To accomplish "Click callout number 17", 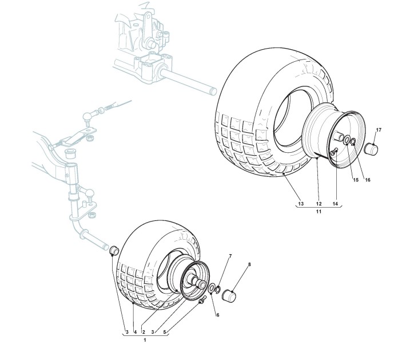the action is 378,129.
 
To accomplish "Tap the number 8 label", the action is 249,265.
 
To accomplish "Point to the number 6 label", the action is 217,314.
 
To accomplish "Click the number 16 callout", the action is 368,180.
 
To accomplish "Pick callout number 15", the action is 355,180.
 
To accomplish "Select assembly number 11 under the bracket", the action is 319,212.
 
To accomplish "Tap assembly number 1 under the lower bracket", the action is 145,341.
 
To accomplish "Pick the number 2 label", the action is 144,332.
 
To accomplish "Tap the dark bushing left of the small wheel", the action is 113,250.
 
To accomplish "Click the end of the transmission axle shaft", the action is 213,89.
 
